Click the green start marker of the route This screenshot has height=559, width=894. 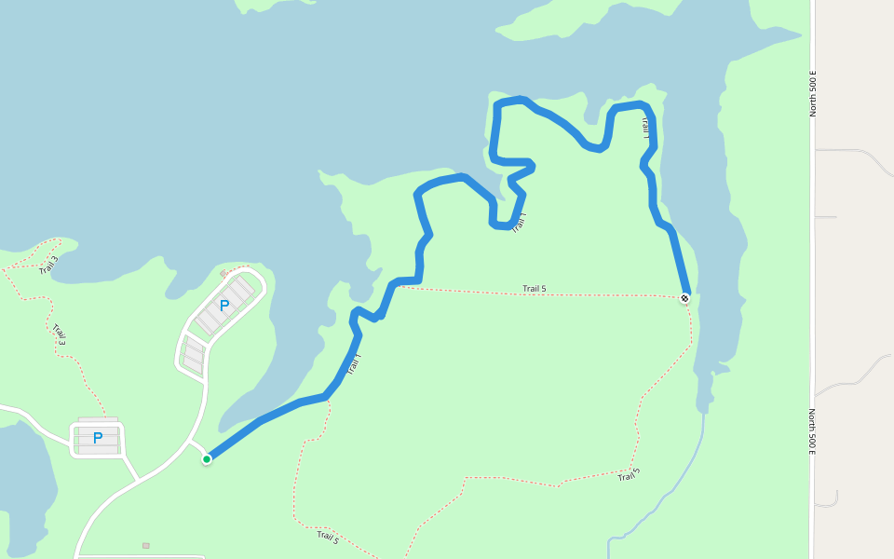207,458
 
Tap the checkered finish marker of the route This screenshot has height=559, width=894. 684,298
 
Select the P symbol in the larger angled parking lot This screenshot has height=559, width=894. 223,305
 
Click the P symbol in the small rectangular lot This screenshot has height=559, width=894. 97,438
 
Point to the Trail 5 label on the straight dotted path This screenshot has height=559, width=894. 535,289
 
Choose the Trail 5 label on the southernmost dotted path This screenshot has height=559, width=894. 328,537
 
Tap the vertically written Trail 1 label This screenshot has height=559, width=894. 645,128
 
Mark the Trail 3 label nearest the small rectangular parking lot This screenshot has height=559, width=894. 60,334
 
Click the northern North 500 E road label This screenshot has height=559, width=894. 813,93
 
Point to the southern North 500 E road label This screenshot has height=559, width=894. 813,431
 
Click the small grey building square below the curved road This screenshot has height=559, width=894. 145,545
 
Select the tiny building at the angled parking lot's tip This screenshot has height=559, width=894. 223,274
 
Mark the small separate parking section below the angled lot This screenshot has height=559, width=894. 193,355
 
